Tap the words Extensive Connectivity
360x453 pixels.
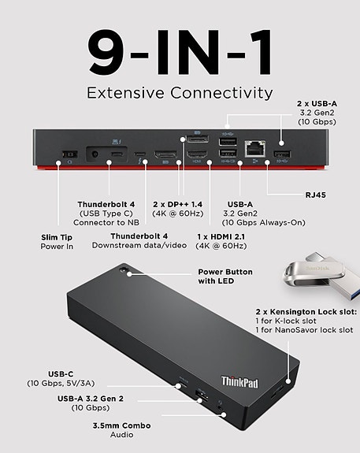(180, 93)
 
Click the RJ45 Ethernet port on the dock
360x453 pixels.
(254, 147)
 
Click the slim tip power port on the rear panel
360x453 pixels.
(67, 153)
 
